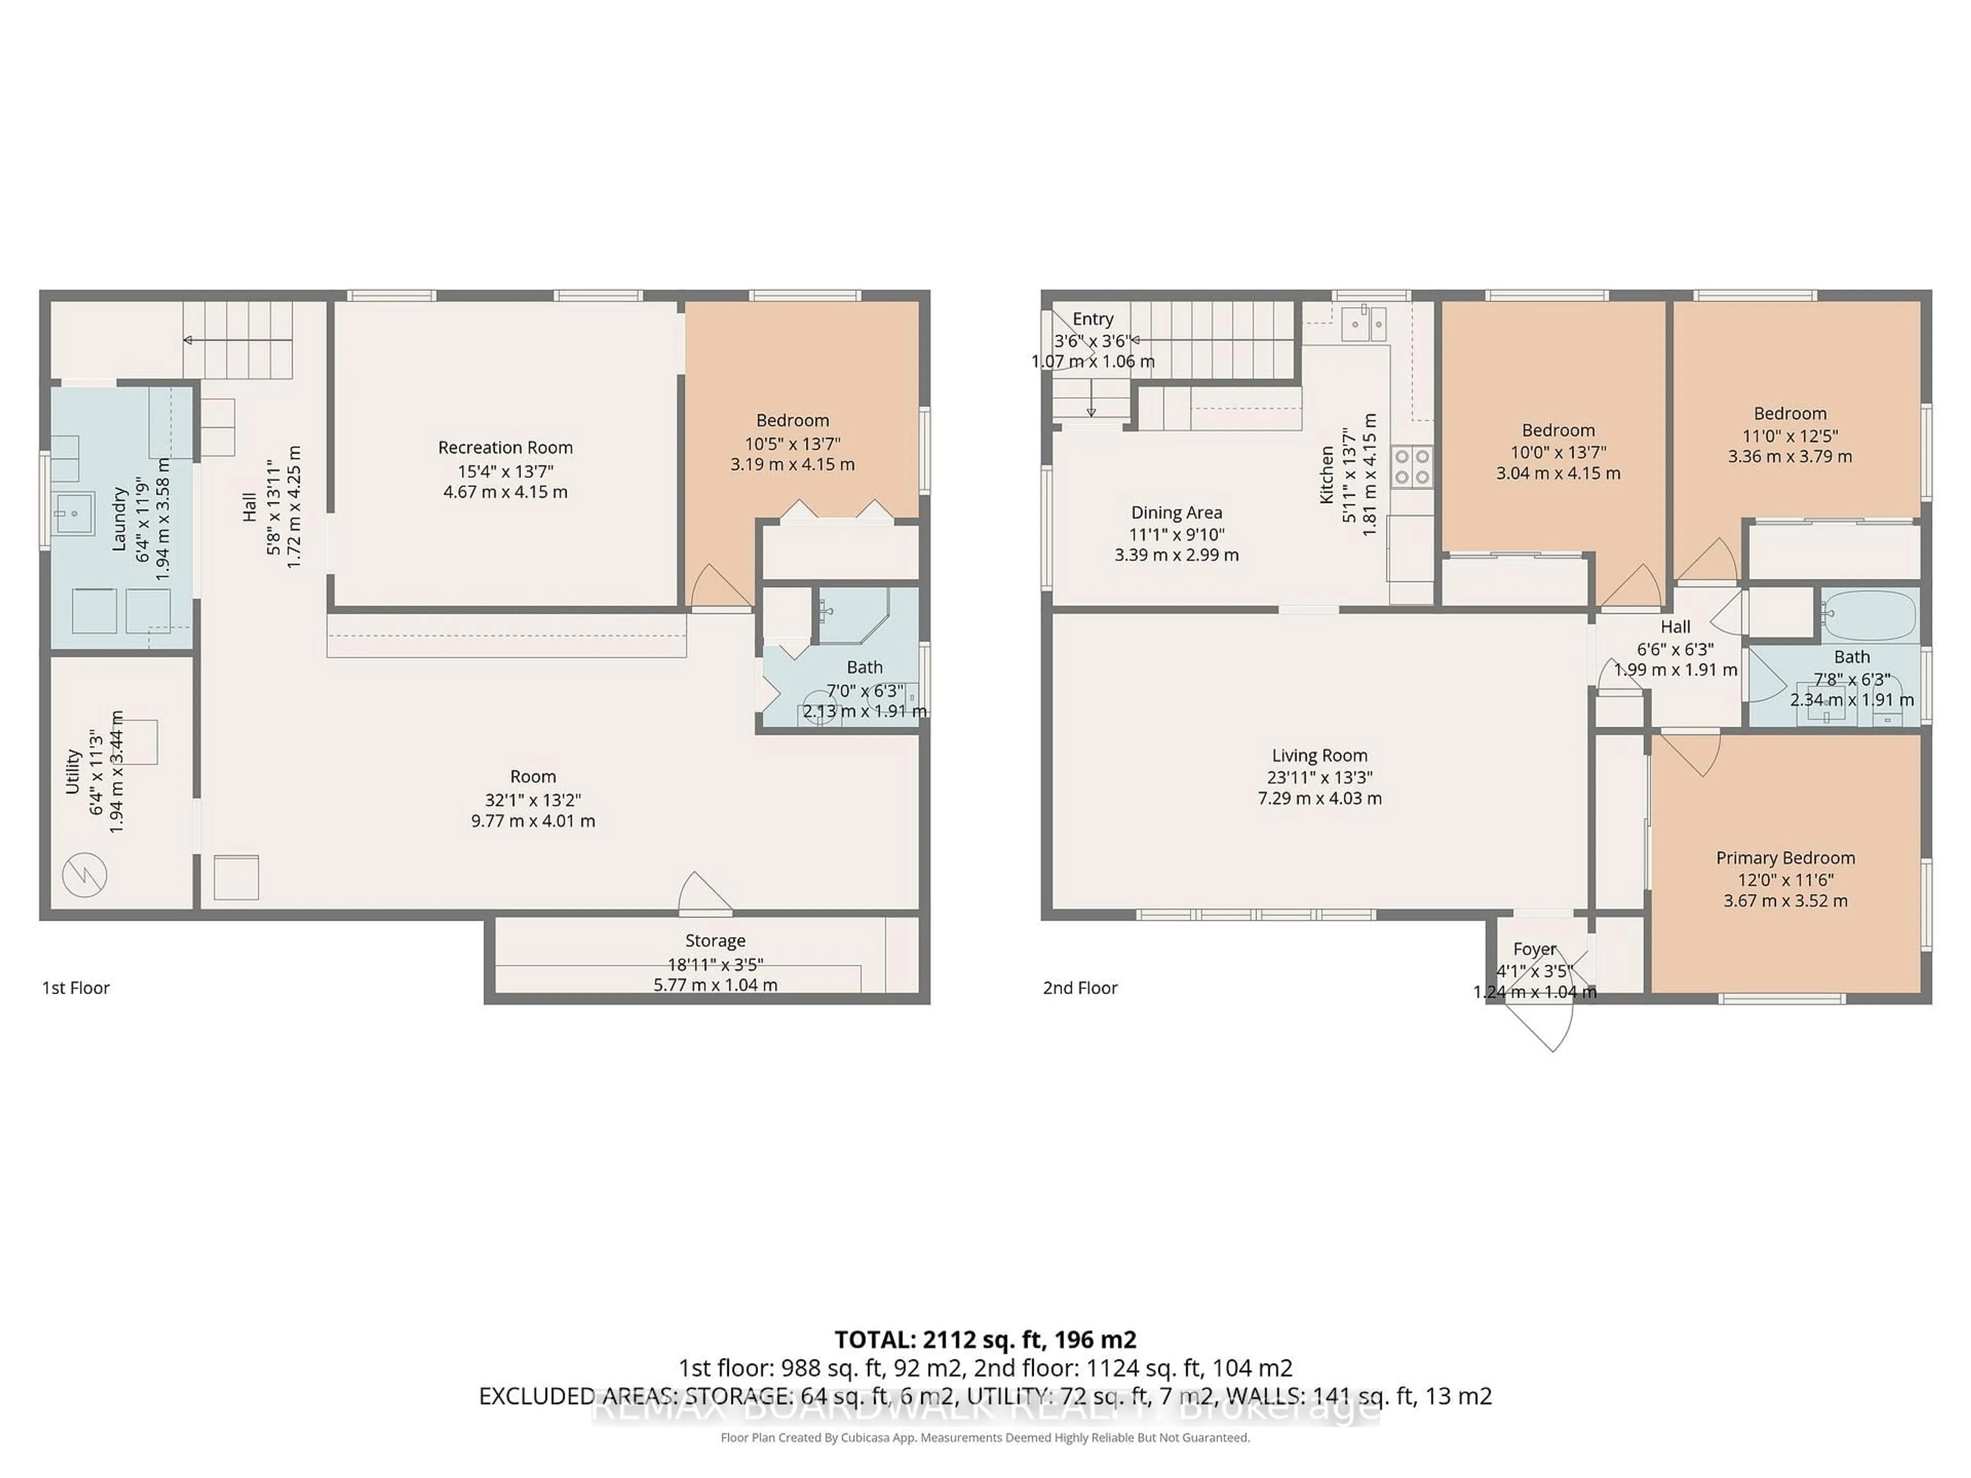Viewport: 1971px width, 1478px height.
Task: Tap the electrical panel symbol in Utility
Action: pos(85,875)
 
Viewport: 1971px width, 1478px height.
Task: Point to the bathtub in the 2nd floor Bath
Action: pos(1868,615)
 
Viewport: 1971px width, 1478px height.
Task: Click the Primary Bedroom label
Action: pos(1785,858)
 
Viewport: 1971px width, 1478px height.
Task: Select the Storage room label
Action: pos(714,941)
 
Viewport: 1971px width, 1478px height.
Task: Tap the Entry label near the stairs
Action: pos(1092,319)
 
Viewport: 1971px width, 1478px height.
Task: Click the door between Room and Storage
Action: pos(706,893)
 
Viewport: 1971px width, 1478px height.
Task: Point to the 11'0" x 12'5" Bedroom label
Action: pos(1789,413)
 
